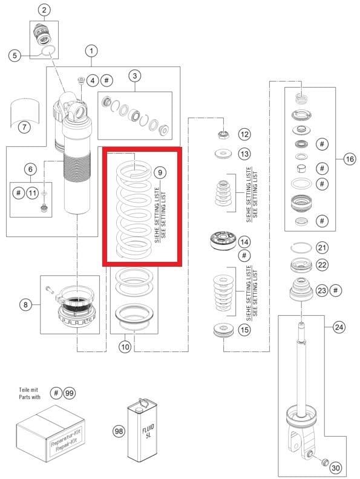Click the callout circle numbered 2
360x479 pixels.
pyautogui.click(x=44, y=10)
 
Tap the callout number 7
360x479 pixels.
pyautogui.click(x=24, y=127)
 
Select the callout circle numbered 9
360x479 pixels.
pyautogui.click(x=160, y=172)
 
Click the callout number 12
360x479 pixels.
pyautogui.click(x=244, y=134)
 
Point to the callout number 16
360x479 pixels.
pyautogui.click(x=350, y=159)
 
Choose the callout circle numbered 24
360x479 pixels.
pyautogui.click(x=339, y=327)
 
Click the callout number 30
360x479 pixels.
pyautogui.click(x=336, y=468)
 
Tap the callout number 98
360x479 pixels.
pyautogui.click(x=119, y=431)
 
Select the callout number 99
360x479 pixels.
pyautogui.click(x=70, y=393)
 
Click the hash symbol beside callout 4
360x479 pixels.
pyautogui.click(x=106, y=80)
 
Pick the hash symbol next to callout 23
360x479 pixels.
pyautogui.click(x=336, y=290)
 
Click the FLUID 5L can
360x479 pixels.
pyautogui.click(x=142, y=429)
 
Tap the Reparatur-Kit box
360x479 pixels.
pyautogui.click(x=51, y=433)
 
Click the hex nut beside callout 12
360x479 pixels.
pyautogui.click(x=224, y=134)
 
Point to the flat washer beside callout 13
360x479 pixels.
pyautogui.click(x=223, y=154)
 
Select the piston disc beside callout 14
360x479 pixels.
pyautogui.click(x=223, y=241)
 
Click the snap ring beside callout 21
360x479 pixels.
pyautogui.click(x=301, y=247)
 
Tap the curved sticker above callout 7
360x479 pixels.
pyautogui.click(x=25, y=111)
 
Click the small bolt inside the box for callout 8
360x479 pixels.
pyautogui.click(x=50, y=289)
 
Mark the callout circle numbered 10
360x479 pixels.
pyautogui.click(x=125, y=347)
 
